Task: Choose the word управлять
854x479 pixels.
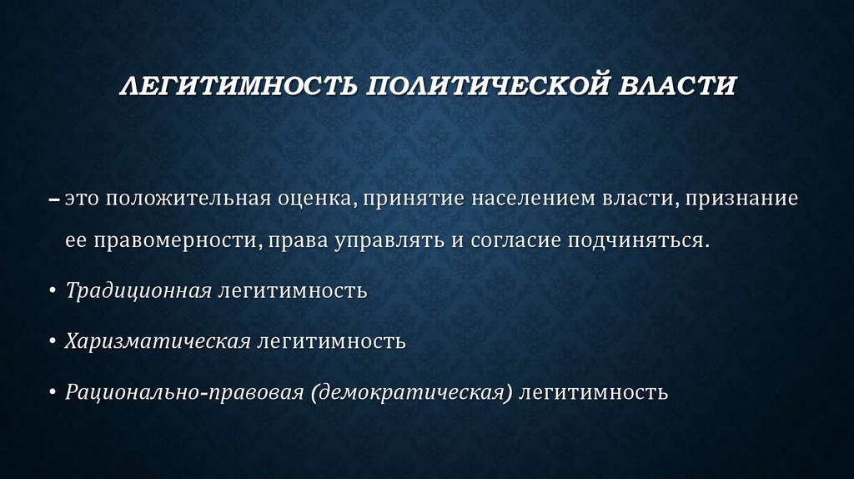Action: click(379, 241)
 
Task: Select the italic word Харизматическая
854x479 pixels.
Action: click(158, 341)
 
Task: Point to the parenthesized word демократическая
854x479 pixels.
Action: click(412, 391)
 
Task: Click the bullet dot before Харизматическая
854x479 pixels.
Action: click(53, 342)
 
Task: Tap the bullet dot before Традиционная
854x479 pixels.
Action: click(53, 292)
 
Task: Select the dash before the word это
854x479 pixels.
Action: click(54, 201)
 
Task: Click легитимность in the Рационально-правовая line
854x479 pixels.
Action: click(594, 391)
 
